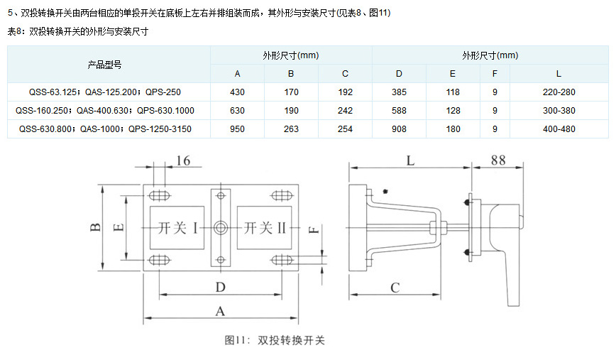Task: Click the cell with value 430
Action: click(237, 92)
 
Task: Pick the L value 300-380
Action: click(559, 111)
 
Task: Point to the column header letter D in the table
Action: click(399, 74)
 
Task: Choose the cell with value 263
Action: click(291, 129)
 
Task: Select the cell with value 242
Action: click(345, 111)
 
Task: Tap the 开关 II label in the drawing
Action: click(264, 228)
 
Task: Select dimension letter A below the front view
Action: click(220, 310)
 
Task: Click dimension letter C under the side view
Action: click(395, 287)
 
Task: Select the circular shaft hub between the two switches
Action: click(220, 228)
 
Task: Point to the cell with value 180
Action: click(453, 129)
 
